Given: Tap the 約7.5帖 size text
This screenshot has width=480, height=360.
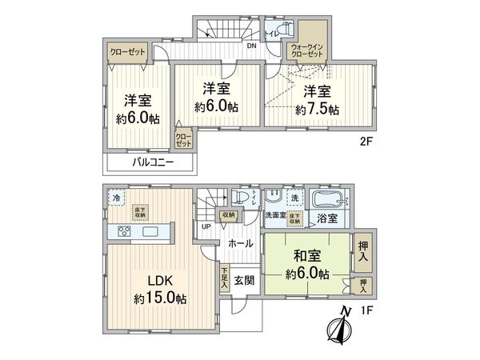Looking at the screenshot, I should point(317,109).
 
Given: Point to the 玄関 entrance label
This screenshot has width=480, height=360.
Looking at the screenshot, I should point(244,280).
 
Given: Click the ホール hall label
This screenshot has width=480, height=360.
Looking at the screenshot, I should point(240,242).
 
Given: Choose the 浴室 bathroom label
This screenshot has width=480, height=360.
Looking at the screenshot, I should point(326,217).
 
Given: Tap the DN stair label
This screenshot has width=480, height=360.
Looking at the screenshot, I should point(251,46).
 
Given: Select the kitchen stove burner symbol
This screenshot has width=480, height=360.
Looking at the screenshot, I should point(125,232).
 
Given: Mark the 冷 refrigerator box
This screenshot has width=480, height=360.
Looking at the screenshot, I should point(118,197).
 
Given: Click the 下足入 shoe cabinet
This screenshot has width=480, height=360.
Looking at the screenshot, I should point(224,277).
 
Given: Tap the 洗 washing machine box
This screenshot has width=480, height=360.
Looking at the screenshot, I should point(294,197).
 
